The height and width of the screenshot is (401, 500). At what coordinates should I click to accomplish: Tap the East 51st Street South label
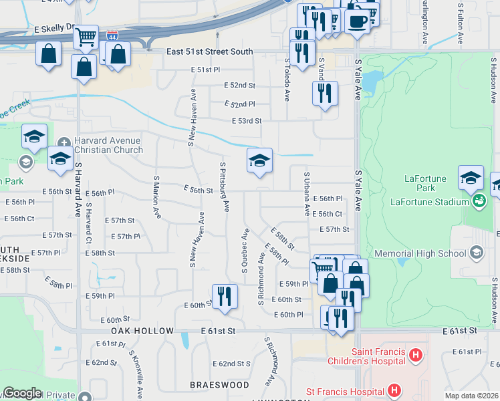(x=210, y=51)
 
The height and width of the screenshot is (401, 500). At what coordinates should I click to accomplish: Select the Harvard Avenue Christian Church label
(x=108, y=145)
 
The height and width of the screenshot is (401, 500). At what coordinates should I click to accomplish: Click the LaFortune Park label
(x=429, y=178)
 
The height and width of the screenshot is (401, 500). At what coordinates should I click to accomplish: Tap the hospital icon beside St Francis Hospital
(x=394, y=390)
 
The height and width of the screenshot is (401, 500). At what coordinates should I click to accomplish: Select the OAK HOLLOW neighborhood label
(x=138, y=331)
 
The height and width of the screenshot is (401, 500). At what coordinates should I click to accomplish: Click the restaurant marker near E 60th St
(x=225, y=296)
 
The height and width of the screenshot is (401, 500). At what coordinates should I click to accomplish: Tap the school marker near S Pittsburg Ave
(x=259, y=160)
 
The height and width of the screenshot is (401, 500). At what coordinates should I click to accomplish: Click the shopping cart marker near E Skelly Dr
(x=86, y=37)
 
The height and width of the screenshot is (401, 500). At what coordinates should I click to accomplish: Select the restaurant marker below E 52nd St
(x=325, y=93)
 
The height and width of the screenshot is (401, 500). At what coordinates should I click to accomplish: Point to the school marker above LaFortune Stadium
(x=471, y=178)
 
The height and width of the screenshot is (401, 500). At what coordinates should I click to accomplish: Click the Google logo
(x=22, y=393)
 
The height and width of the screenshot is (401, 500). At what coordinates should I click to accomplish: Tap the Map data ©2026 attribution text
(x=471, y=396)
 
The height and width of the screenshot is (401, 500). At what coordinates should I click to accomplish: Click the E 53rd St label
(x=246, y=121)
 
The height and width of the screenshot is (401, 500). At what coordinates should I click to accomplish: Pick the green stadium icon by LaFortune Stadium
(x=478, y=200)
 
